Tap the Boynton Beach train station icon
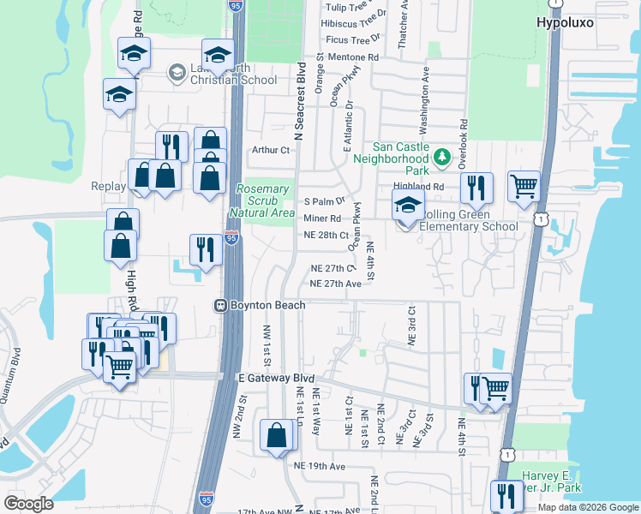coord(220,305)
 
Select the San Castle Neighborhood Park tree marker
coord(441,157)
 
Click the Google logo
coord(29,504)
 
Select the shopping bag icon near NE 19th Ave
coord(278,434)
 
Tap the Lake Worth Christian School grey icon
coord(177,71)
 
